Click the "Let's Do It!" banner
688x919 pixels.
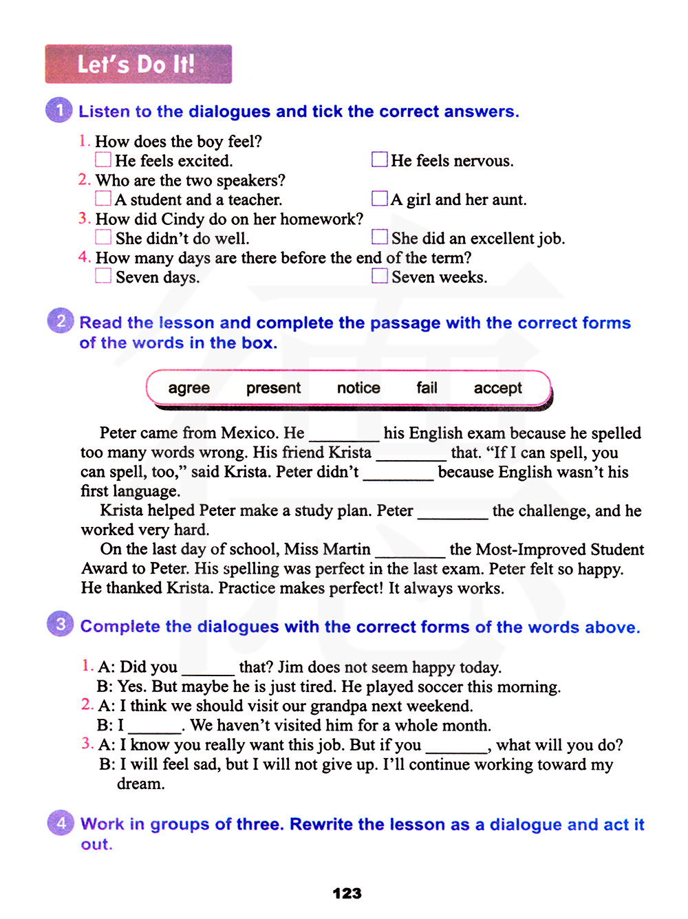(x=138, y=64)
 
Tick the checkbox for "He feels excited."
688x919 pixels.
(x=103, y=160)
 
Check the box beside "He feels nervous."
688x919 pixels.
(x=379, y=160)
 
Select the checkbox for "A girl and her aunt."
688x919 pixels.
(x=379, y=199)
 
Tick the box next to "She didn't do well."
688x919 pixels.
(x=103, y=237)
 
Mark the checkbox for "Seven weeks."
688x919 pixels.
(x=379, y=276)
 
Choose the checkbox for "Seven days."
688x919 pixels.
(x=103, y=276)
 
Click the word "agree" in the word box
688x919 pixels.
(x=189, y=388)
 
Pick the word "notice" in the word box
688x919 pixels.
(x=358, y=388)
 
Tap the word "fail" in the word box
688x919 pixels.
(x=427, y=388)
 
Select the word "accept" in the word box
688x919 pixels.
(x=497, y=388)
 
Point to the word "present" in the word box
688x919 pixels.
(x=273, y=388)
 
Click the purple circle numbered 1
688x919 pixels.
(x=59, y=110)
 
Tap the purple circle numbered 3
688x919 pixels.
(x=61, y=624)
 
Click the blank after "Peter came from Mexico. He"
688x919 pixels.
(x=344, y=435)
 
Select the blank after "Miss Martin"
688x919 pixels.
(x=410, y=551)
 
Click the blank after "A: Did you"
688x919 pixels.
(x=208, y=669)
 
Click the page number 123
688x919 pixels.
(x=347, y=893)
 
